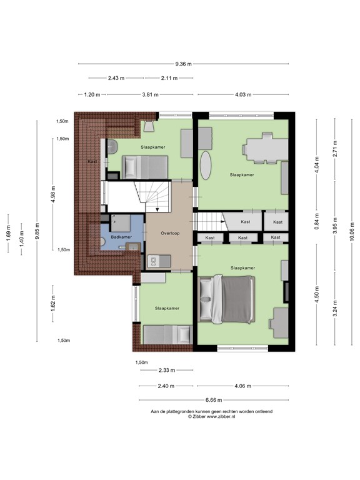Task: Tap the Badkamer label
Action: click(120, 237)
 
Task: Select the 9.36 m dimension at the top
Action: click(184, 64)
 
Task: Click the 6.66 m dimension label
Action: click(213, 400)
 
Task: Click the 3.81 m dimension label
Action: click(150, 95)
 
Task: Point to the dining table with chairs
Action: click(264, 149)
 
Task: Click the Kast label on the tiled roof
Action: click(92, 161)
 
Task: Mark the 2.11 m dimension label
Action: click(169, 78)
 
